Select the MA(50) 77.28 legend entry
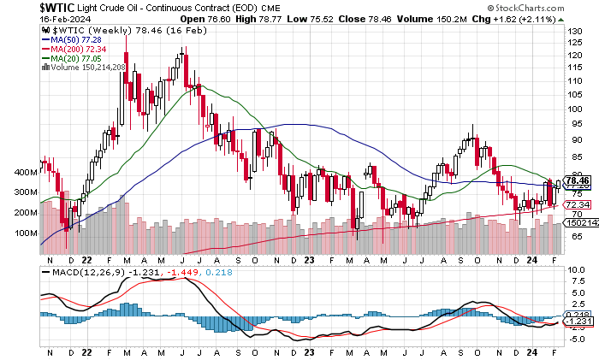point(68,39)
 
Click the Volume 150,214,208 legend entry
point(86,67)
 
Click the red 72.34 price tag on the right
point(578,205)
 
